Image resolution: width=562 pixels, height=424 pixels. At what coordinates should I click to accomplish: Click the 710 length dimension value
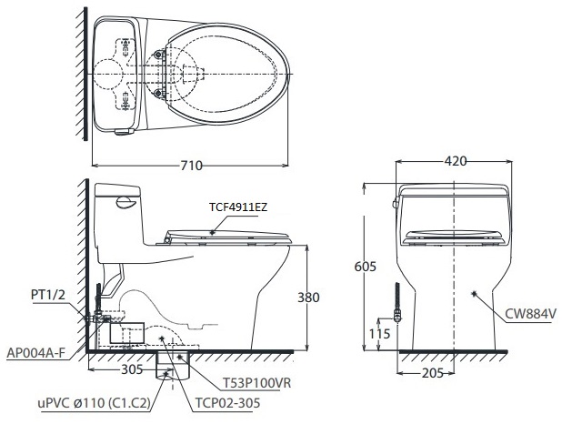tap(191, 165)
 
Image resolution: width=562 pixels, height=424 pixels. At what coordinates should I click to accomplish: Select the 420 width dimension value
tap(456, 161)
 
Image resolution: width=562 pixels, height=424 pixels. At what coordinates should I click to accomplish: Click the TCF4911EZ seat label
tap(238, 207)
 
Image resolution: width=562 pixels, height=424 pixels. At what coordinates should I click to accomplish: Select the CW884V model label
tap(532, 314)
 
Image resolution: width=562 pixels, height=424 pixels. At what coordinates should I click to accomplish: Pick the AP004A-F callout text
tap(37, 351)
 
